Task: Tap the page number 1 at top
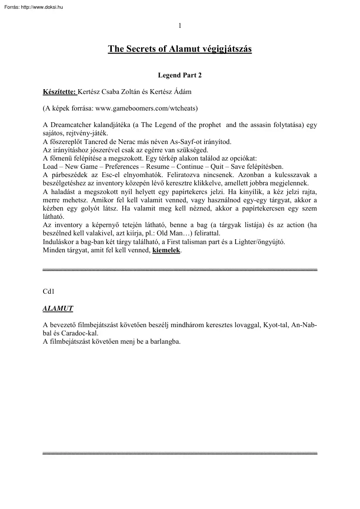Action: tap(180, 25)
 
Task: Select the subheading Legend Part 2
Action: tap(180, 75)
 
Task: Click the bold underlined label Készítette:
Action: tap(59, 92)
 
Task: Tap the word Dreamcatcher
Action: tap(68, 125)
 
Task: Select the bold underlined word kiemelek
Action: tap(166, 250)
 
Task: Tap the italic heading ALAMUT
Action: tap(57, 308)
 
